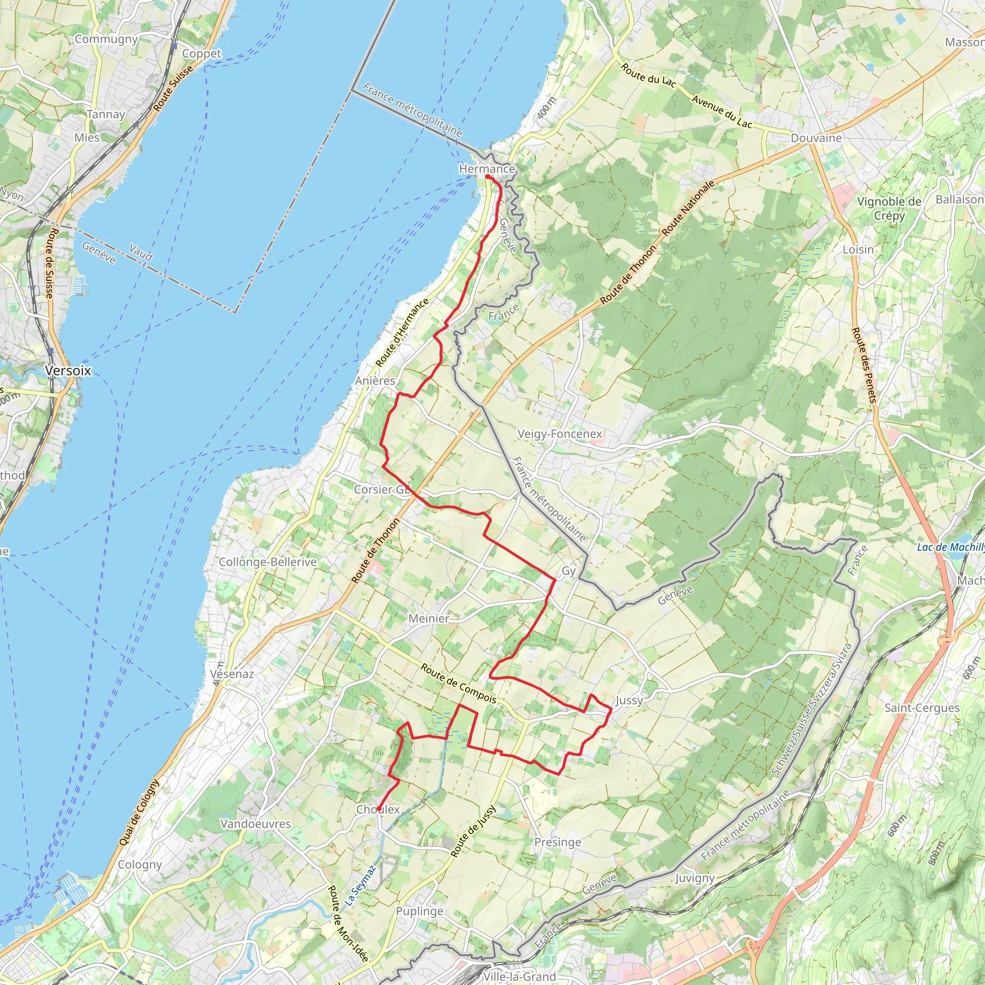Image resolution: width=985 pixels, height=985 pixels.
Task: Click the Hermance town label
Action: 486,169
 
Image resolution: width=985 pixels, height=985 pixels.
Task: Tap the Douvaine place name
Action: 816,138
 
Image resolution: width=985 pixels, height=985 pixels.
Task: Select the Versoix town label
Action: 68,371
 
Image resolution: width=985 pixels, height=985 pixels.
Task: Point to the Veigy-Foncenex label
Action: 560,434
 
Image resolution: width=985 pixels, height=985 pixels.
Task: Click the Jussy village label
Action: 629,700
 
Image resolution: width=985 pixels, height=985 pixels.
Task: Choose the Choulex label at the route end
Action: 378,809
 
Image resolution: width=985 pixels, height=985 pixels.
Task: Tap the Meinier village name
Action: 429,619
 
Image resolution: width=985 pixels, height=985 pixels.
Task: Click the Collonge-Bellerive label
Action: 268,562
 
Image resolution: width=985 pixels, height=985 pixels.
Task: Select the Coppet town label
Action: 202,53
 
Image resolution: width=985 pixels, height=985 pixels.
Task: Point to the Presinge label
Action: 558,842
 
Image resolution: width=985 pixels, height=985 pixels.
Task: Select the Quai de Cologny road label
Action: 139,813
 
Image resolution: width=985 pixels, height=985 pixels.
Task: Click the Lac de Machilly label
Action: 950,547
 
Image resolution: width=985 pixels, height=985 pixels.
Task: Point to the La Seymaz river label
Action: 360,885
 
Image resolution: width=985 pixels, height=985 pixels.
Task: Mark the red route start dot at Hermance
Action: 488,177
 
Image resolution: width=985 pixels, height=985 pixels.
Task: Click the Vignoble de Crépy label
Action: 889,208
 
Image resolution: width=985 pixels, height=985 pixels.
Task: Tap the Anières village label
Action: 375,381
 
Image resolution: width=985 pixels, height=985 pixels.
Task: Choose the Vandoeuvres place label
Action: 255,824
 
